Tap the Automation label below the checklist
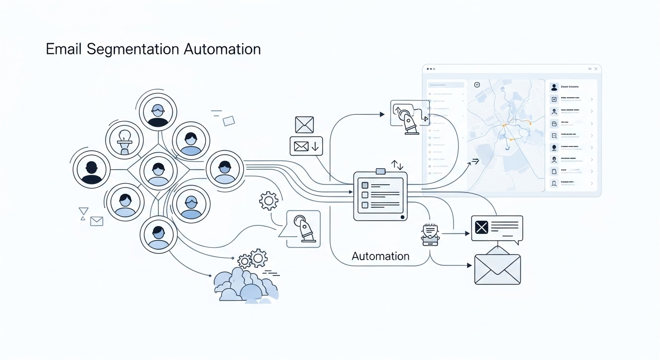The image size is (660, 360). pos(380,256)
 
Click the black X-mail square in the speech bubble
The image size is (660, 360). pos(481,227)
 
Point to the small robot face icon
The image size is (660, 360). pos(430,233)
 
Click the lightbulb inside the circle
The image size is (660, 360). pos(124,140)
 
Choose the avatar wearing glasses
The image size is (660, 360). pos(158,112)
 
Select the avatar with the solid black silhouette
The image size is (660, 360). pos(91,170)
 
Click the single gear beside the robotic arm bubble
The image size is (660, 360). pos(269,201)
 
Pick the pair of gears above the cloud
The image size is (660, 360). pos(253,259)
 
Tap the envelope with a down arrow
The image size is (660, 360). pos(307,146)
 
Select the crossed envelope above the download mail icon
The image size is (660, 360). pos(304,125)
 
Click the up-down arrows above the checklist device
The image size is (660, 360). pos(397,165)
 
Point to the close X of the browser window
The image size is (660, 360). pos(596,69)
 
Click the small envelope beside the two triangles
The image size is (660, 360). pos(97,221)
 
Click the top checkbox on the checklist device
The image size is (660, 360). pos(365,185)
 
